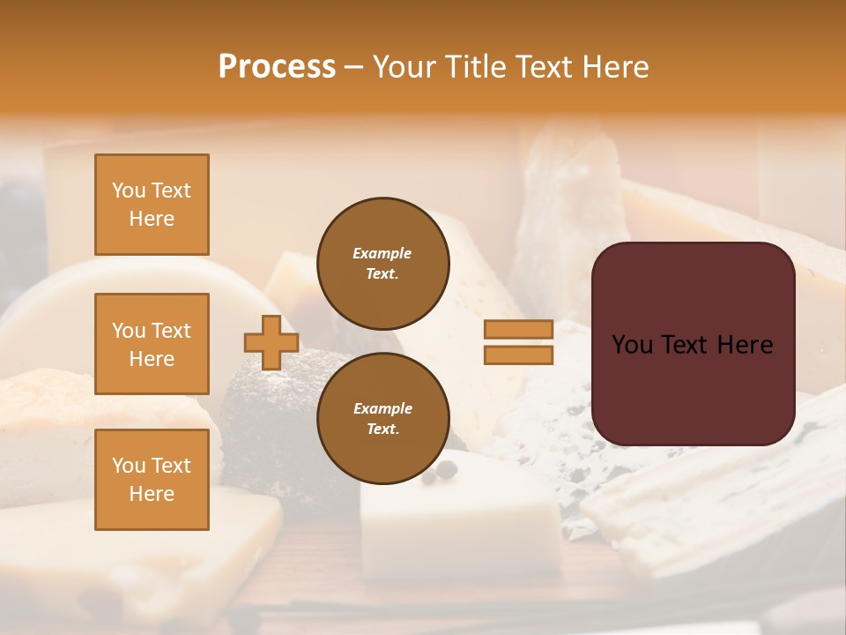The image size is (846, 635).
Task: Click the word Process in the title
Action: click(x=277, y=67)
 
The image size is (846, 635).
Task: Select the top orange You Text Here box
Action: click(x=152, y=205)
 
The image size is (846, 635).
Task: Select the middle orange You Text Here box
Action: click(x=152, y=344)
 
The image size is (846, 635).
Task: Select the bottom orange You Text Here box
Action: click(x=152, y=479)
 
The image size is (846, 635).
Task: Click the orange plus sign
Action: click(x=271, y=342)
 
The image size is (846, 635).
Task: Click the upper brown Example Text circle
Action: click(x=383, y=264)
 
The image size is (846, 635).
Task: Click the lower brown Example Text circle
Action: click(x=383, y=419)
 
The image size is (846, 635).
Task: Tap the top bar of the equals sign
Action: click(x=518, y=330)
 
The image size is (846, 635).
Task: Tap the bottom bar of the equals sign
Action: click(x=518, y=355)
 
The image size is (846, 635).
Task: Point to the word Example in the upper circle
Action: click(x=382, y=253)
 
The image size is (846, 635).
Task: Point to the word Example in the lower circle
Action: click(x=382, y=408)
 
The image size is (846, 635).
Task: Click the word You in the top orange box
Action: click(x=128, y=190)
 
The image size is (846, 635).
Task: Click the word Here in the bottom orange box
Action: click(x=152, y=494)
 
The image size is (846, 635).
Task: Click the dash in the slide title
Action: click(x=354, y=68)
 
